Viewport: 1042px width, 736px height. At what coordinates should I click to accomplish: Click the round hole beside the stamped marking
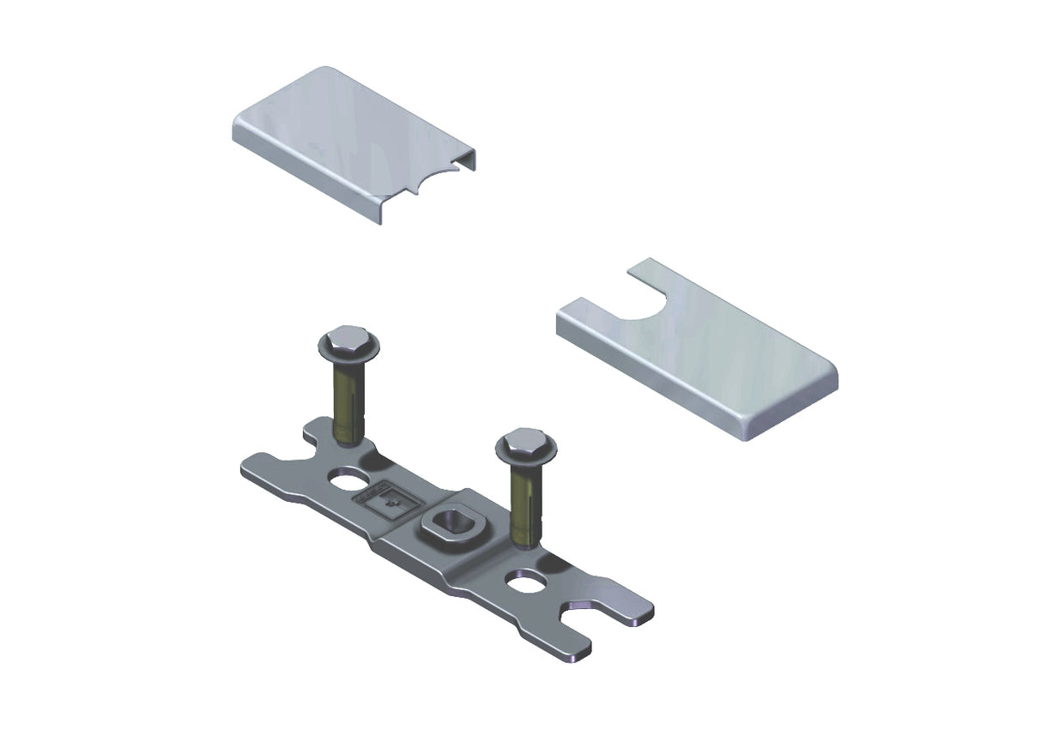(349, 477)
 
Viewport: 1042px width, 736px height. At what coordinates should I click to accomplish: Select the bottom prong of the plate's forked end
(571, 648)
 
